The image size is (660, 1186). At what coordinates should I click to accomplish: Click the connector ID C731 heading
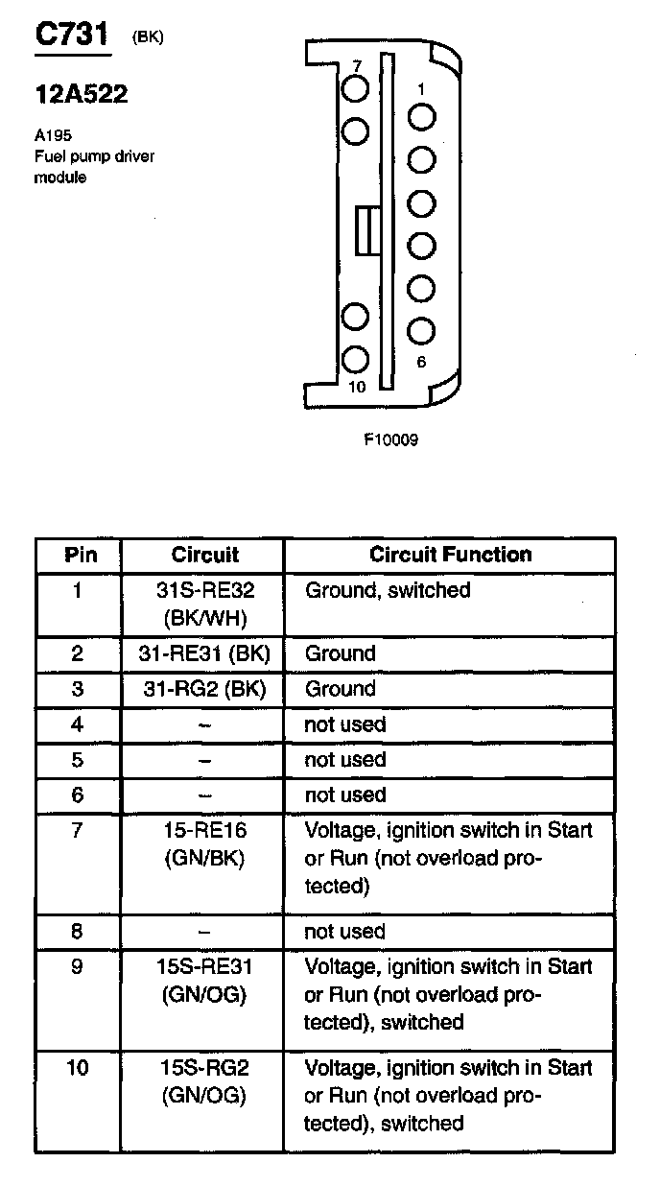pos(71,36)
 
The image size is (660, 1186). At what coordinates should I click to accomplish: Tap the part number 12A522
pos(81,95)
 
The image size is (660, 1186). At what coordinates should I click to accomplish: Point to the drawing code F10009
pos(390,440)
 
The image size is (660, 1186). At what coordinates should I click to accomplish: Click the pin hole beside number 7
pos(356,88)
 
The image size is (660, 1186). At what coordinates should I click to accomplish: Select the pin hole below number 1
pos(421,117)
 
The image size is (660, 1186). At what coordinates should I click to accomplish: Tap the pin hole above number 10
pos(356,360)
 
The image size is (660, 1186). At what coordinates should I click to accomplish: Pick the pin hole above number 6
pos(421,331)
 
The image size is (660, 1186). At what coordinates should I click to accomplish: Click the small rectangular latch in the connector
pos(365,230)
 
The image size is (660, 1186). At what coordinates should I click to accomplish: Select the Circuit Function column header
pos(449,555)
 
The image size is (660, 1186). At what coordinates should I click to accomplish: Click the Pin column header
pos(80,555)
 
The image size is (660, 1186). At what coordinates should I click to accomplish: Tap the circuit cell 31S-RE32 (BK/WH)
pos(204,603)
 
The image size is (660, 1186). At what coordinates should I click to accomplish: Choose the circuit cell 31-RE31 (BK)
pos(204,654)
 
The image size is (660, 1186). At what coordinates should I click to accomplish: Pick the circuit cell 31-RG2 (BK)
pos(204,689)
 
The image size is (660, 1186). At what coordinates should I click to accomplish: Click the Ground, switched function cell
pos(388,591)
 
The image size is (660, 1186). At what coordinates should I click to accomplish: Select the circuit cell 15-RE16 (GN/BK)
pos(204,844)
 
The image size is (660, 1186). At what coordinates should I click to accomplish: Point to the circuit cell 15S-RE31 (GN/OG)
pos(204,981)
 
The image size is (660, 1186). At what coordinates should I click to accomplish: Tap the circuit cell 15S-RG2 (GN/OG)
pos(204,1081)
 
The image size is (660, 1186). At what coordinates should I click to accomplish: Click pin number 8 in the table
pos(78,931)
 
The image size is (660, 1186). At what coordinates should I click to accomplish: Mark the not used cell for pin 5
pos(344,760)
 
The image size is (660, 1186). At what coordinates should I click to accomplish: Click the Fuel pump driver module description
pos(93,166)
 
